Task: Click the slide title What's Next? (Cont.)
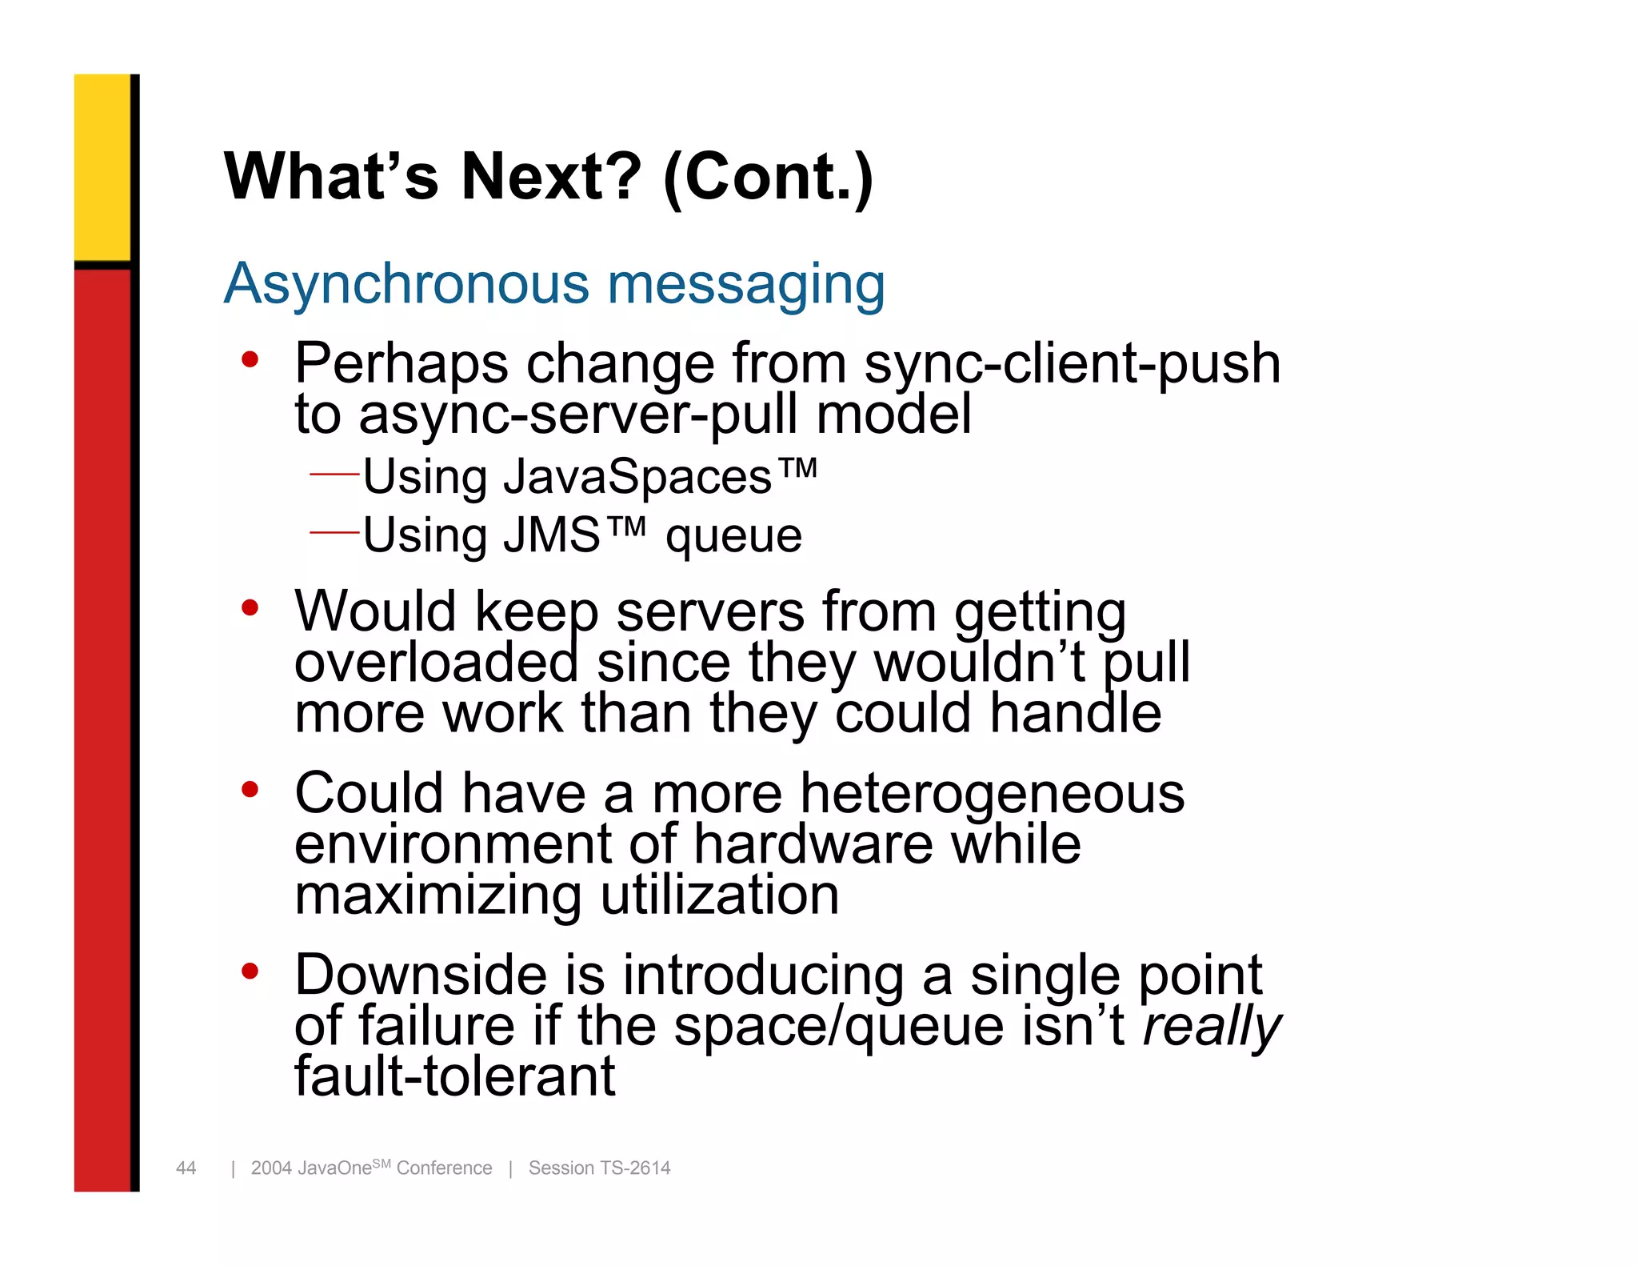point(549,177)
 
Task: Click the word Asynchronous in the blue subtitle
point(406,284)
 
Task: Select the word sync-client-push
point(1072,364)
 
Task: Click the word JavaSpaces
point(637,477)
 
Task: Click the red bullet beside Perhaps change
point(250,360)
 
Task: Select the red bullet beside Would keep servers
point(250,608)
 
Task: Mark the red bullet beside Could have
point(250,790)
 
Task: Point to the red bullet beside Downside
point(250,972)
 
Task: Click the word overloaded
point(436,663)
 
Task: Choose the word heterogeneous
point(992,794)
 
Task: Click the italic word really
point(1210,1027)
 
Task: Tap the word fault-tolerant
point(454,1076)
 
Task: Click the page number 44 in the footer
point(186,1168)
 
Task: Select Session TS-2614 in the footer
point(599,1168)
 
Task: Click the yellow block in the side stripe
point(102,166)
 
